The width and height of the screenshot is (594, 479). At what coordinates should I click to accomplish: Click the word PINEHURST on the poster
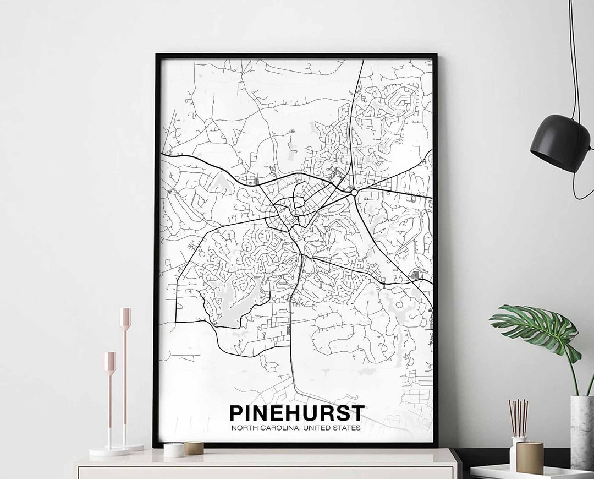click(296, 413)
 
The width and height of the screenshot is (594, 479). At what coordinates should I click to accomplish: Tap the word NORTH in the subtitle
click(243, 427)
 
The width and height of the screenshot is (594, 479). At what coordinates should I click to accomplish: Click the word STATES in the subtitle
click(346, 427)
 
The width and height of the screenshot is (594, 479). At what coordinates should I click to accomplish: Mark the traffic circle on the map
click(354, 193)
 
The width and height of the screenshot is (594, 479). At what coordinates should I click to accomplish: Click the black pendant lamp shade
click(560, 143)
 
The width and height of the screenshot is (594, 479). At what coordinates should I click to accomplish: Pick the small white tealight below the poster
click(174, 450)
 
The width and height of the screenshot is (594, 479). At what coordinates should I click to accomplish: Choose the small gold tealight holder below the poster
click(194, 448)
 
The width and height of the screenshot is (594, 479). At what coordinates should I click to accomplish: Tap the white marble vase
click(582, 433)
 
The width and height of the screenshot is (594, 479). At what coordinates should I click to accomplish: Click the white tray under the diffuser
click(528, 472)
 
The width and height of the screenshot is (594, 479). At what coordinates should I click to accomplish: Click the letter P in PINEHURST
click(235, 413)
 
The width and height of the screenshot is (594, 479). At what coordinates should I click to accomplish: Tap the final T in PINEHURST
click(358, 413)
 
